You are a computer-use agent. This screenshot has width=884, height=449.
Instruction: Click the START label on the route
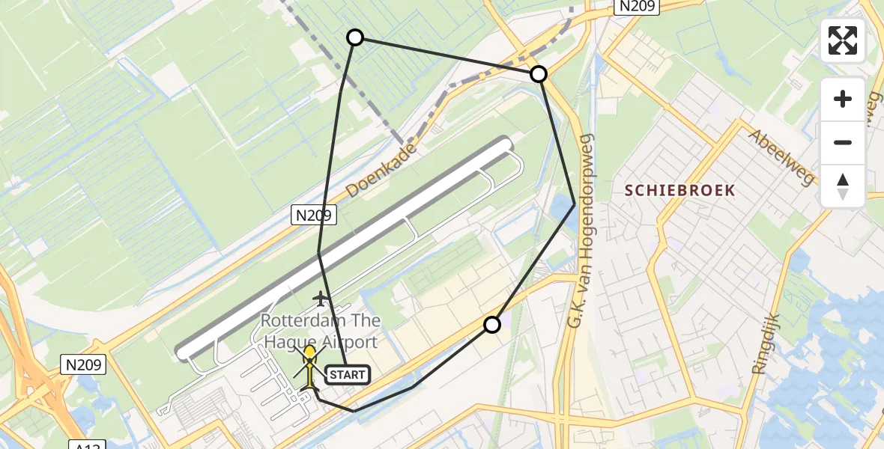pyautogui.click(x=347, y=374)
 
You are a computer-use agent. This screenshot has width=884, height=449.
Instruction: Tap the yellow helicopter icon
pyautogui.click(x=309, y=365)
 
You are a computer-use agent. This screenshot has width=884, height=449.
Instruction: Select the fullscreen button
pyautogui.click(x=843, y=40)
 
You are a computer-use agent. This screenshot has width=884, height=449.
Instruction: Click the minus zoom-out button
pyautogui.click(x=843, y=142)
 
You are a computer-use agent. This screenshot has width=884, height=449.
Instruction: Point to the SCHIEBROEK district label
pyautogui.click(x=680, y=190)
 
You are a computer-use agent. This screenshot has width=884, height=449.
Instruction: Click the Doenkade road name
pyautogui.click(x=381, y=171)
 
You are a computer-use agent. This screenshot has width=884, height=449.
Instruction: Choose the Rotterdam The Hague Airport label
pyautogui.click(x=321, y=331)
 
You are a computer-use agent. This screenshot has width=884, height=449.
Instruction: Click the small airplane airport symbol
pyautogui.click(x=322, y=299)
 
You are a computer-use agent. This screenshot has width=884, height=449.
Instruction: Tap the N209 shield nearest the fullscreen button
pyautogui.click(x=636, y=7)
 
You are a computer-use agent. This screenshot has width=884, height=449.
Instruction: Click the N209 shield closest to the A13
pyautogui.click(x=82, y=365)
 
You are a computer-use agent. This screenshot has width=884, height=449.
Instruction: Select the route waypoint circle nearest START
pyautogui.click(x=491, y=325)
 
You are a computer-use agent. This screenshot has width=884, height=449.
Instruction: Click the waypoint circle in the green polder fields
pyautogui.click(x=355, y=37)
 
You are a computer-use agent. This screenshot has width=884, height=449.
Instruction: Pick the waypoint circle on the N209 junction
pyautogui.click(x=538, y=74)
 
